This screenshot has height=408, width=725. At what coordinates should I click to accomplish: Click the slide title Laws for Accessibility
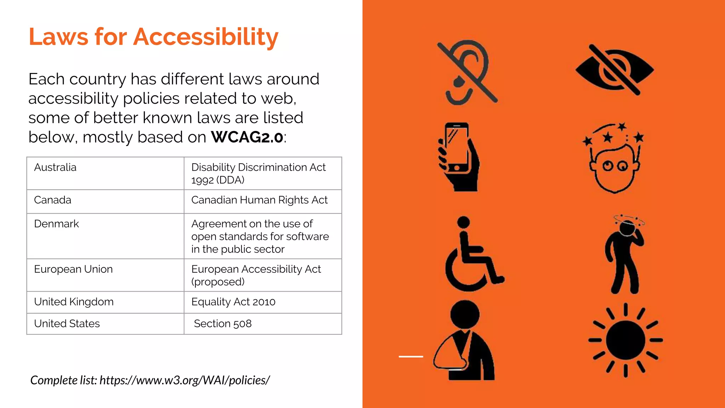[153, 37]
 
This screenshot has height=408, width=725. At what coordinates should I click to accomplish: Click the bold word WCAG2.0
[247, 137]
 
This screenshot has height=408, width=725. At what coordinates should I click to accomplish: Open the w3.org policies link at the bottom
[184, 380]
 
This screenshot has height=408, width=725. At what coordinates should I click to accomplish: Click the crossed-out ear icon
[467, 73]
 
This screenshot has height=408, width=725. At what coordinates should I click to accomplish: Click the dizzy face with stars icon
[614, 158]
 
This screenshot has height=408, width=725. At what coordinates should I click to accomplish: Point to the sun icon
[626, 340]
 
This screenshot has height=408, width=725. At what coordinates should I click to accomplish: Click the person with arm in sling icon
[464, 341]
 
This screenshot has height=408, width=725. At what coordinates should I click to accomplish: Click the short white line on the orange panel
[411, 356]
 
